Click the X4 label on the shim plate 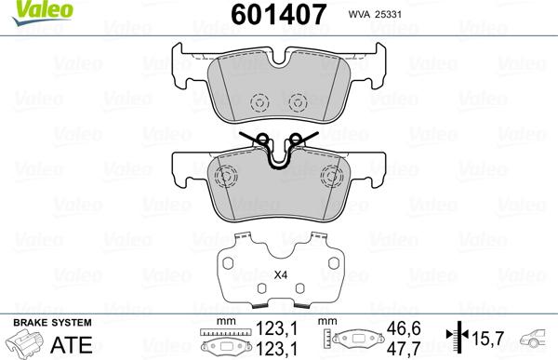click(280, 273)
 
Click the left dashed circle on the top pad click(260, 101)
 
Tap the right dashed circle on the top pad click(299, 101)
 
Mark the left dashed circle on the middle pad click(224, 177)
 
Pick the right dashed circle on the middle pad click(331, 177)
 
